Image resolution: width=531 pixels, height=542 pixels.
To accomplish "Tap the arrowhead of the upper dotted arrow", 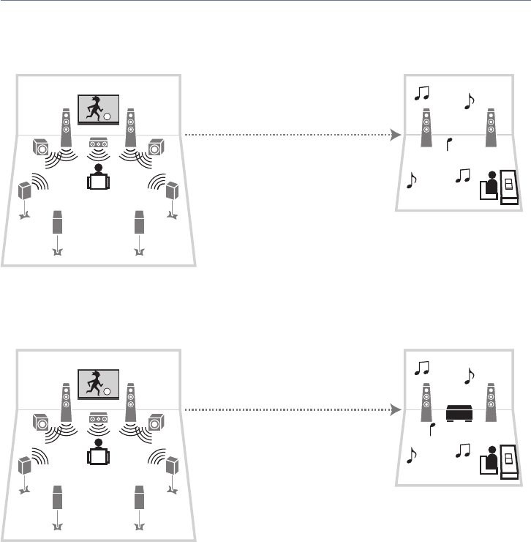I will click(396, 135).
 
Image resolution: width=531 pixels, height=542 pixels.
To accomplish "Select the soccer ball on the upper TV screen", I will click(107, 116).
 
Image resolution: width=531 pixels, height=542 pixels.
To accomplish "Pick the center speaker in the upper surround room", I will click(98, 145).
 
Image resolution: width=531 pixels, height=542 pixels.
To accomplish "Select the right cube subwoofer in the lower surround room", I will click(154, 423).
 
